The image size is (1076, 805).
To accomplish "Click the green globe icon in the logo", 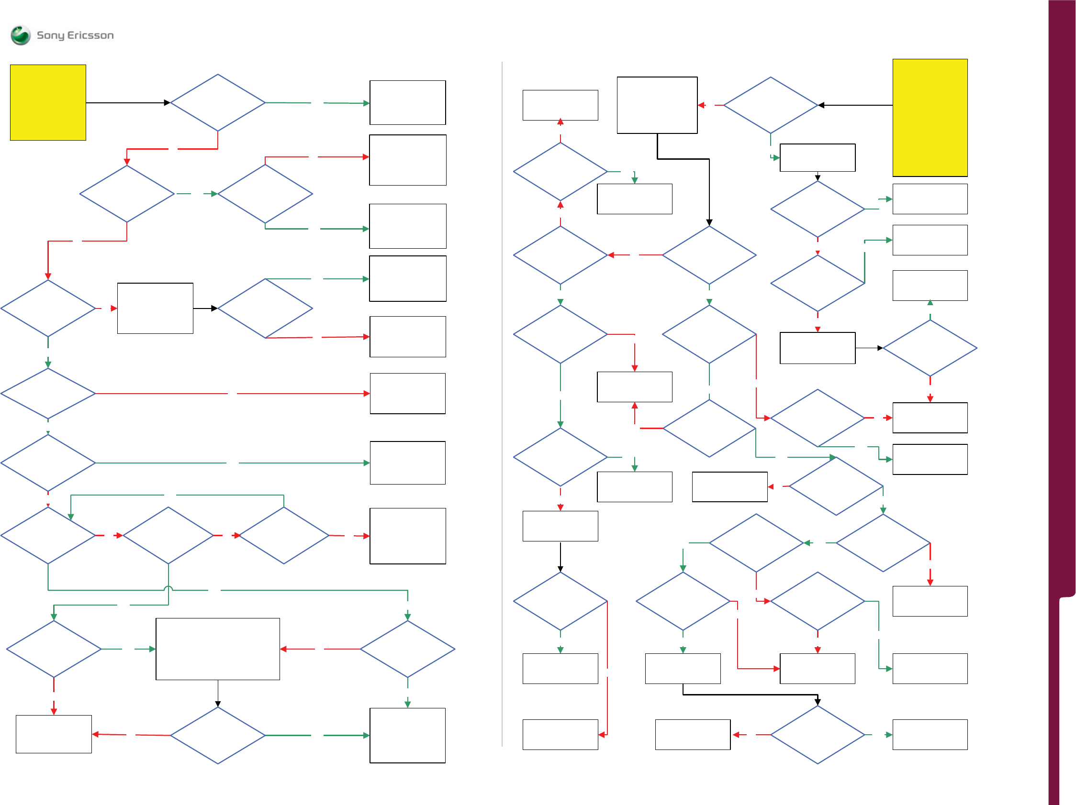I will coord(21,35).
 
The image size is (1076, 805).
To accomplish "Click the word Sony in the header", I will coord(50,35).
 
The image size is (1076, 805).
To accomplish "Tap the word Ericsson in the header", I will coord(90,35).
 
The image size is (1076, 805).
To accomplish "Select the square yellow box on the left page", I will coord(48,102).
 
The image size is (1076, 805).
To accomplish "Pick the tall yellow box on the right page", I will coord(930,118).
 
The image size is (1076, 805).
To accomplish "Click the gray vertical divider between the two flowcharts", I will coord(502,404).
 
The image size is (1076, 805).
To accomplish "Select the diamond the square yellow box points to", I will coord(217,102).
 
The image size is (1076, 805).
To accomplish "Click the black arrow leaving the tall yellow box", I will coord(856,105).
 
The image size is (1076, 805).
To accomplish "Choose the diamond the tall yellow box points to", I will coord(771,105).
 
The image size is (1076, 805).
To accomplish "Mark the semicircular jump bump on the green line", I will coord(168,588).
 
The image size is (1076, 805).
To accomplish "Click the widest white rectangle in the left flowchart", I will coord(217,649).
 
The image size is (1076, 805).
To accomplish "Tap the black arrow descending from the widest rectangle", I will coord(218,693).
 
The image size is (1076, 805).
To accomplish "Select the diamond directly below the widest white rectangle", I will coord(217,735).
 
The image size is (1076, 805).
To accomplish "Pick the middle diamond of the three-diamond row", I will coord(168,535).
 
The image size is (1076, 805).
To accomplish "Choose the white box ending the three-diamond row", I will coord(408,536).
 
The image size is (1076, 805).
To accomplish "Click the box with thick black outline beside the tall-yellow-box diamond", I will coord(657,105).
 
